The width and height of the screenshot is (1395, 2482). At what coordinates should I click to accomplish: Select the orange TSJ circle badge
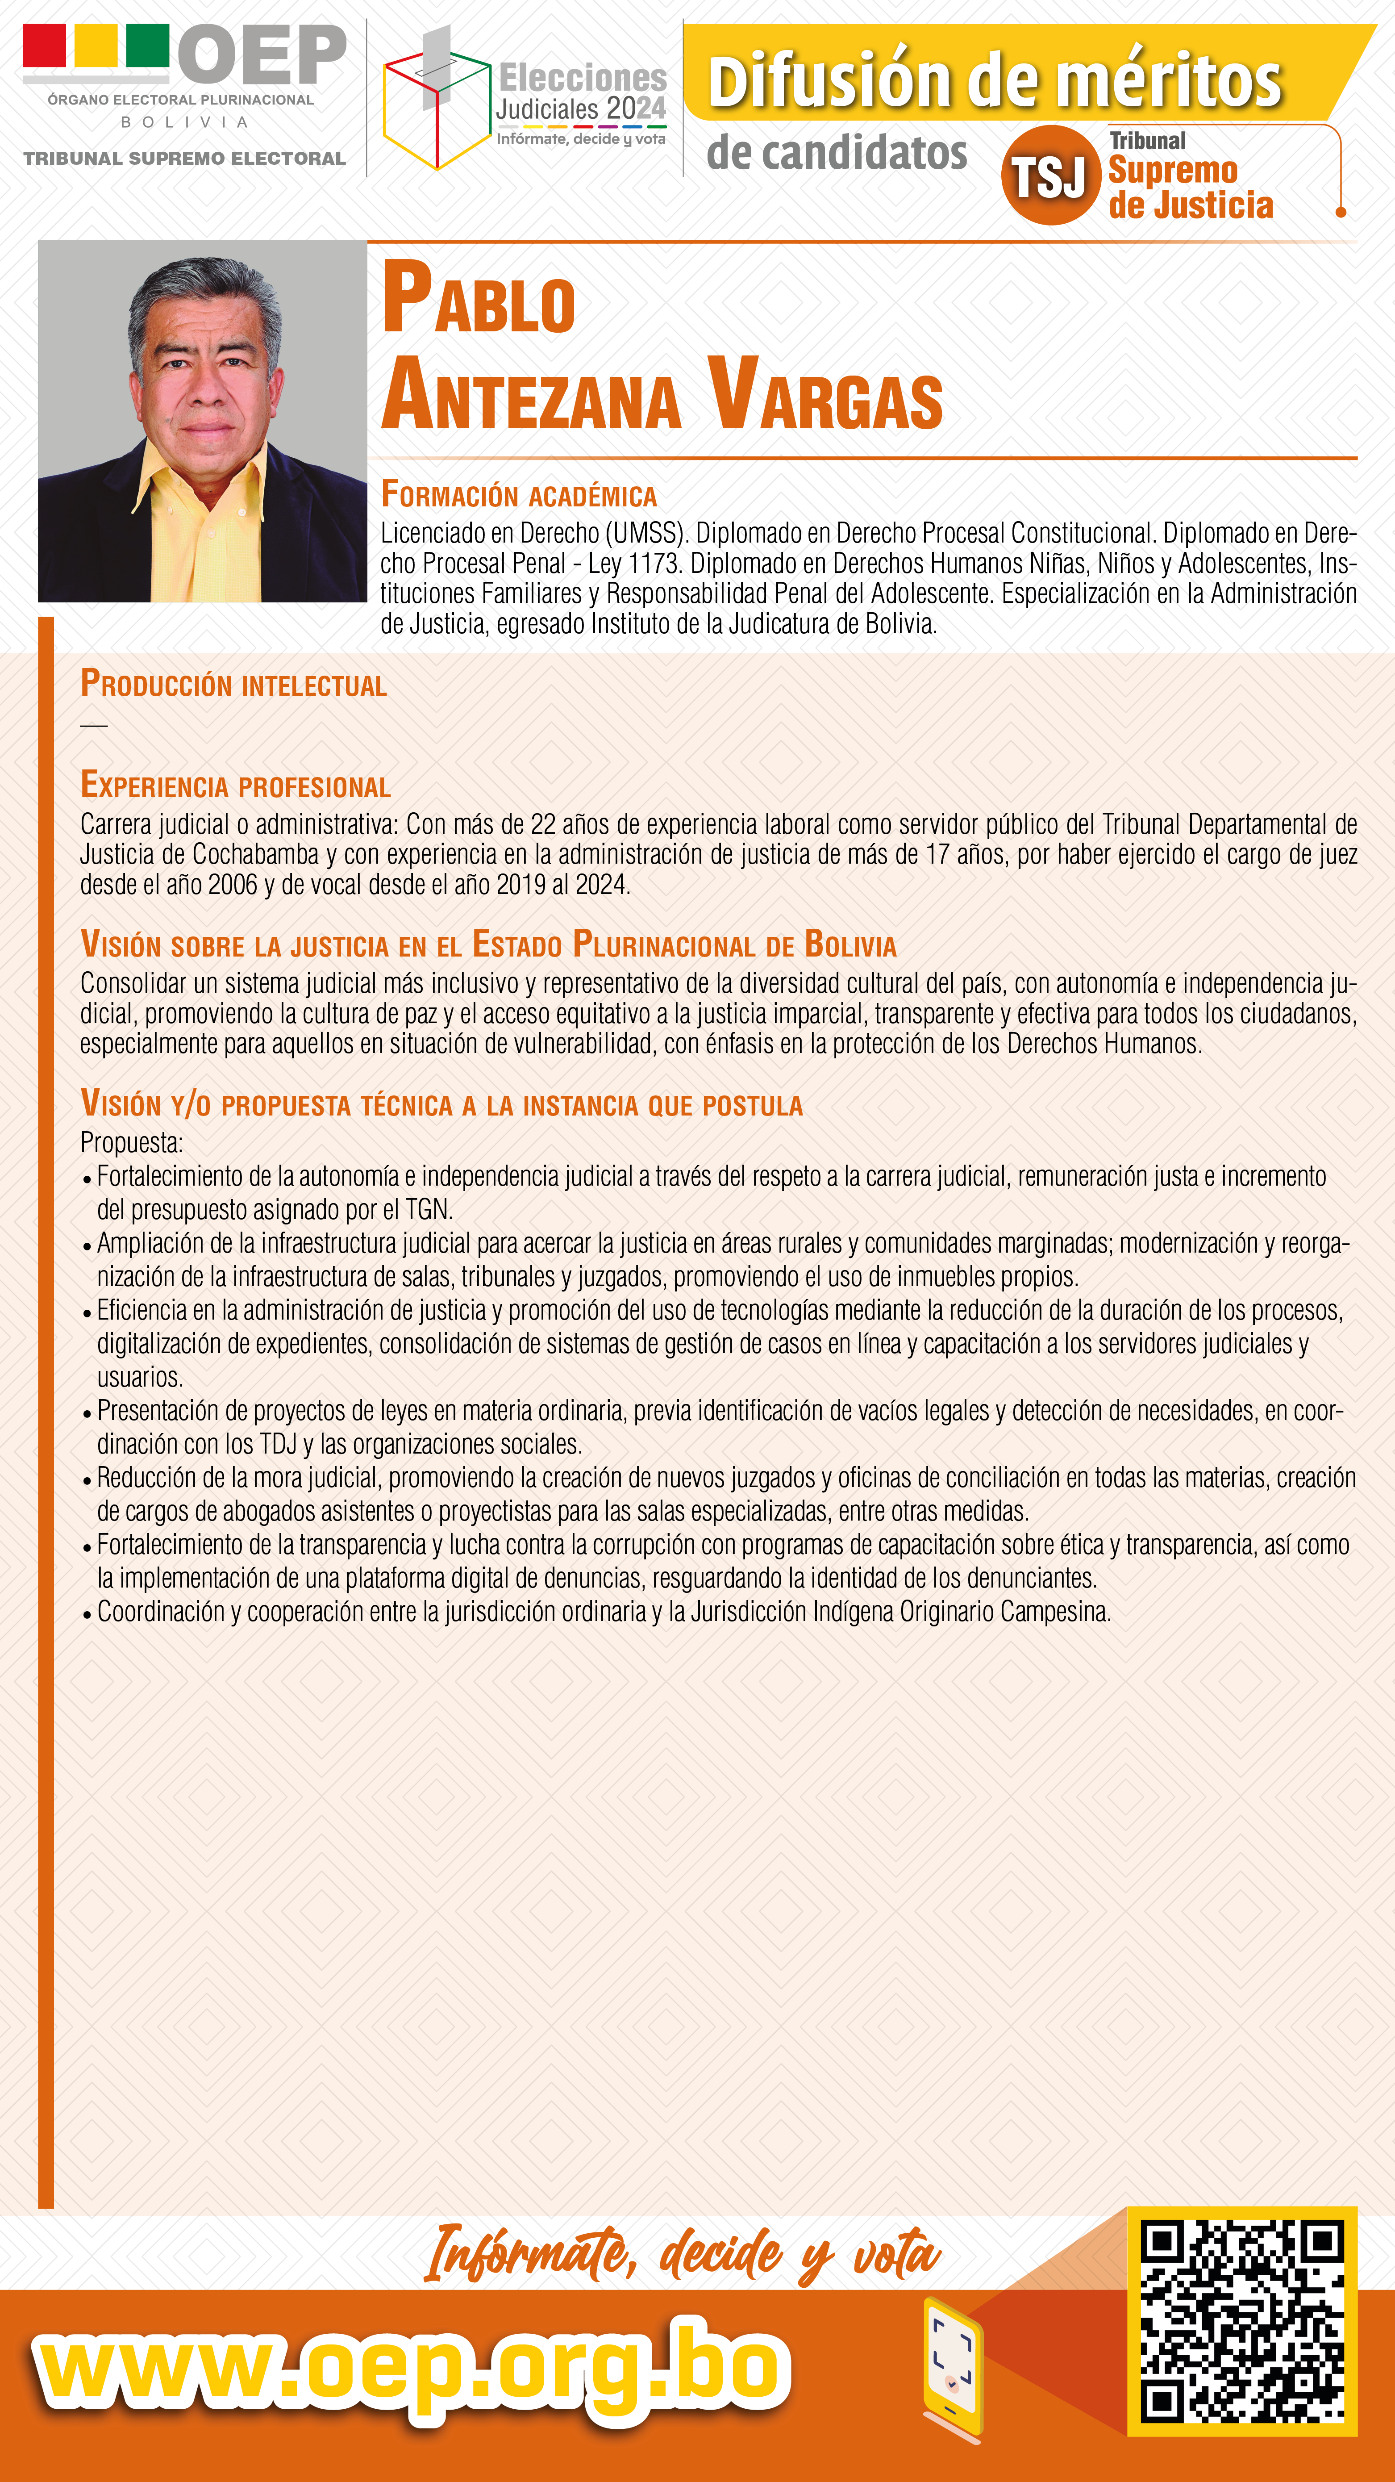coord(1050,175)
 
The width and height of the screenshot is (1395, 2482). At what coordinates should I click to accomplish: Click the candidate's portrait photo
coord(202,421)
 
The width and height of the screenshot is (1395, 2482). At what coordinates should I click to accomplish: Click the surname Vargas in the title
coord(825,395)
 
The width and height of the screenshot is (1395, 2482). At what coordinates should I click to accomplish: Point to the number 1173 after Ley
coord(653,564)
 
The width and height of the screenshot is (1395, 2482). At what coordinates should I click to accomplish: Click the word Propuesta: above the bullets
coord(131,1143)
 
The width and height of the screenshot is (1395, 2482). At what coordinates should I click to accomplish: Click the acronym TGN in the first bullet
coord(427,1210)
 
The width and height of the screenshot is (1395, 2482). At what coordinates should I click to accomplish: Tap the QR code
coord(1242,2320)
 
